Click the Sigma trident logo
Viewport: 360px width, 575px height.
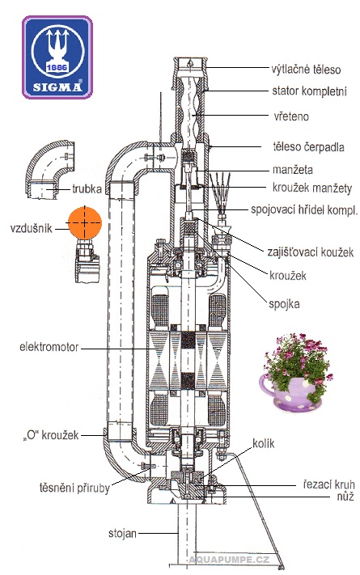click(x=57, y=57)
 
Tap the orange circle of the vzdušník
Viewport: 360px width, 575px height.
click(x=84, y=222)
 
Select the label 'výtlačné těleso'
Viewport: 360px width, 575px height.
click(x=306, y=69)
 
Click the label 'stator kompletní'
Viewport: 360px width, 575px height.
click(x=309, y=91)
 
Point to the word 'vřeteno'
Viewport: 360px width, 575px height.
click(x=291, y=116)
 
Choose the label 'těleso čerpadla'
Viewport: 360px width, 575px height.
click(x=308, y=146)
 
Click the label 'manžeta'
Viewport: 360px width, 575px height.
click(x=293, y=170)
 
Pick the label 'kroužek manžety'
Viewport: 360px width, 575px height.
click(x=312, y=188)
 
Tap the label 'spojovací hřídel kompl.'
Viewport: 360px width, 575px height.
click(x=304, y=209)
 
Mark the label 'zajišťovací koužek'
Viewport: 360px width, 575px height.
click(x=311, y=252)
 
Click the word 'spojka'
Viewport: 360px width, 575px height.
click(x=284, y=304)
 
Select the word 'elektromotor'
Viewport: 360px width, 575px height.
click(x=49, y=347)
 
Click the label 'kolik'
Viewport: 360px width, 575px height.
click(x=263, y=443)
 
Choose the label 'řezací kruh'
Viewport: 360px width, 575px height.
click(x=328, y=484)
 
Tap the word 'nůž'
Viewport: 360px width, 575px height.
click(x=345, y=497)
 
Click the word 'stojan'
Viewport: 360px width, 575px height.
click(x=122, y=533)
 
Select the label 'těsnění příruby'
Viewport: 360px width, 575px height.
click(x=74, y=488)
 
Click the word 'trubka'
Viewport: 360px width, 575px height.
click(x=87, y=189)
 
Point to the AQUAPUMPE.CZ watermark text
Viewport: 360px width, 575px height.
click(x=229, y=560)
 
